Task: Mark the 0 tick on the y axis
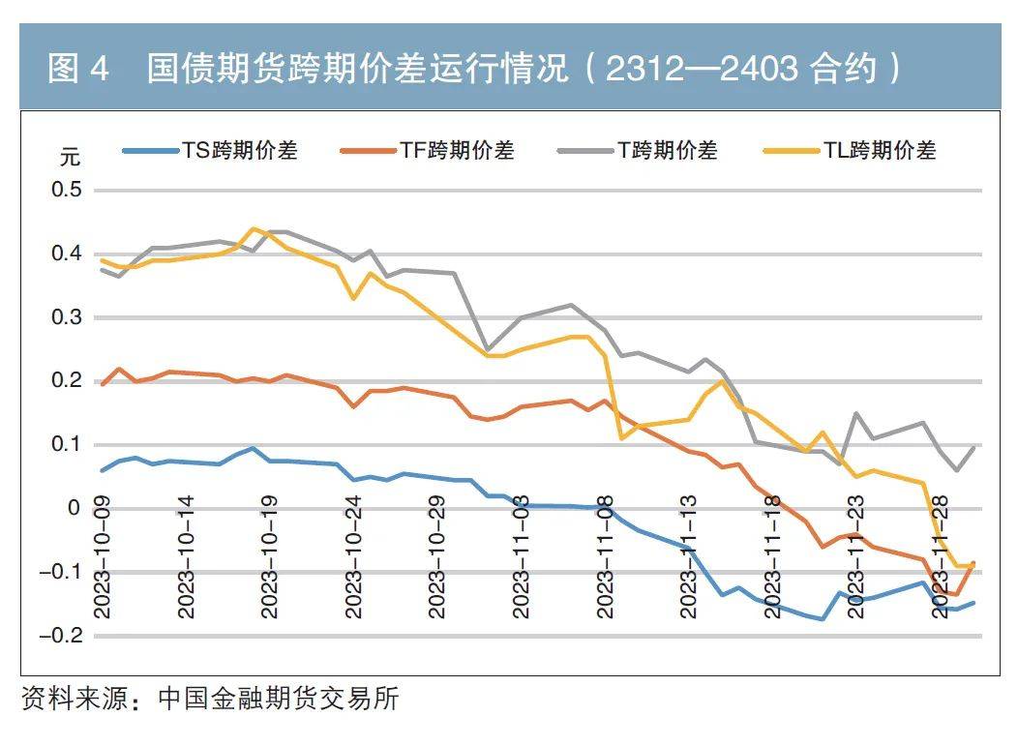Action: click(74, 508)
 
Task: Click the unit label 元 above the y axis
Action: click(71, 158)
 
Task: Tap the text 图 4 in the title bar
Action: click(80, 70)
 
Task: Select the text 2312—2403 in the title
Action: click(701, 70)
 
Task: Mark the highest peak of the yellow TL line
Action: click(254, 228)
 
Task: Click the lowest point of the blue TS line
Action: click(823, 619)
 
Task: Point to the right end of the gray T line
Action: click(973, 446)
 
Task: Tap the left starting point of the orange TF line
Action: click(103, 384)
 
